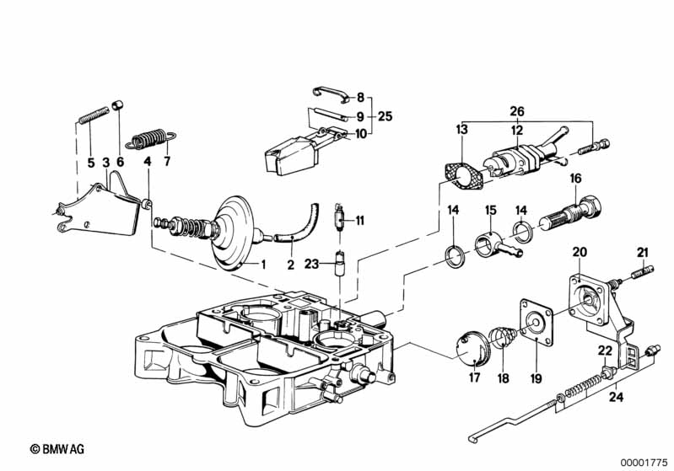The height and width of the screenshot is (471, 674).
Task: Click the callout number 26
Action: (517, 111)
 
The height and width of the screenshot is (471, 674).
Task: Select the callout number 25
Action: (386, 116)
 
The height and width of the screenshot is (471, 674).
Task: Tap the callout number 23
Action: (311, 264)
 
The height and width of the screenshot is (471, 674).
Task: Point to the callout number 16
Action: (575, 178)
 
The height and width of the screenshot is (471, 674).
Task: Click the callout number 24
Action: (616, 397)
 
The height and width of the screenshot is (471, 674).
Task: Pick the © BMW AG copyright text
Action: (57, 449)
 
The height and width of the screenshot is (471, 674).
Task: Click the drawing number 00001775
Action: (644, 463)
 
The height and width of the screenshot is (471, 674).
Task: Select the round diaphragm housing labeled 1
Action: (235, 233)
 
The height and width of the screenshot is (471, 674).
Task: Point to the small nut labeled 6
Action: (118, 104)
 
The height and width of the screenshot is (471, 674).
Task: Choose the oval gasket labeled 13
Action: (463, 178)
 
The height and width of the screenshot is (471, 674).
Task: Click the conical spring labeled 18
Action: (504, 339)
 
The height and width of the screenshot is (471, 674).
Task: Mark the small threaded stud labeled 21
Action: (643, 272)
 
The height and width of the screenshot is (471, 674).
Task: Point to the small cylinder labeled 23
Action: (341, 263)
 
